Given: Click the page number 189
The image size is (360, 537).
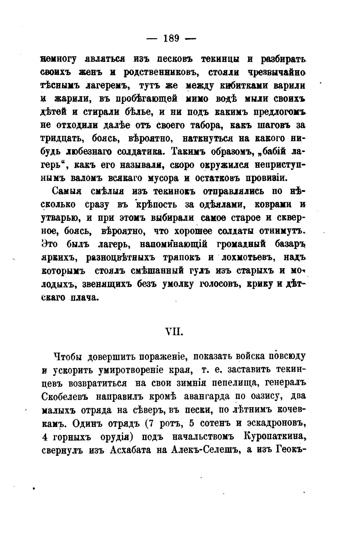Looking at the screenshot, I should [171, 39].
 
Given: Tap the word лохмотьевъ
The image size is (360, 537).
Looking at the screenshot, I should [247, 258].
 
